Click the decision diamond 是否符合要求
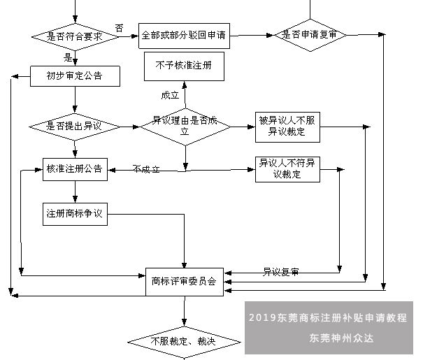point(75,36)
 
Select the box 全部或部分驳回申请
point(185,34)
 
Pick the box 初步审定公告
point(75,75)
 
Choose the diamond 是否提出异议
point(75,127)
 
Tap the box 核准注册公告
point(75,169)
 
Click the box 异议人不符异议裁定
point(287,169)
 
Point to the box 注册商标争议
point(75,214)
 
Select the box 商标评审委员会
point(185,281)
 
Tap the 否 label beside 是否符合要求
point(120,28)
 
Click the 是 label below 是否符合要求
point(69,57)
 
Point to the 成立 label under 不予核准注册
point(171,95)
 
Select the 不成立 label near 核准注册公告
point(146,169)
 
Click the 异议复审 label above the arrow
point(280,271)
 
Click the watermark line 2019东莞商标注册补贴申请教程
point(327,317)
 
